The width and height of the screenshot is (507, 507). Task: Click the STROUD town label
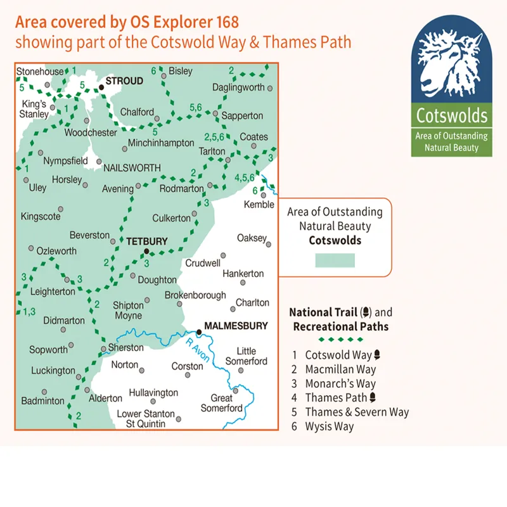124,81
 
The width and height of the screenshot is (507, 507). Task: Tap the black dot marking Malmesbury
199,331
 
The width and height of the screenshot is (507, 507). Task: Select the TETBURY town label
146,241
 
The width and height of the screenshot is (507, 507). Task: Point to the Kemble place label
260,204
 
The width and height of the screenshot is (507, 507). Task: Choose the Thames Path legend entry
338,397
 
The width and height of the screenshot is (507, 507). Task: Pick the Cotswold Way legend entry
338,355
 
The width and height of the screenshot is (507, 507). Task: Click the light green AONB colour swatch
335,260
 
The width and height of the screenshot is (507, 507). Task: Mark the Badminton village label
42,401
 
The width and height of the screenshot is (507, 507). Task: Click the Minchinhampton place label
161,143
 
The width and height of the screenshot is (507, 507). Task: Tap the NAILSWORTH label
132,162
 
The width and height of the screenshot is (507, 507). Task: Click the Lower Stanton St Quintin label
147,418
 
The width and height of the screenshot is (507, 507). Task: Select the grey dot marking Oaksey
269,243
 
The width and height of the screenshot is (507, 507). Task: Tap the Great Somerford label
222,403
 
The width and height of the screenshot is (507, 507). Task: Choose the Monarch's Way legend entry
340,383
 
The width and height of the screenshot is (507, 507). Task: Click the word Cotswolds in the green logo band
452,116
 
